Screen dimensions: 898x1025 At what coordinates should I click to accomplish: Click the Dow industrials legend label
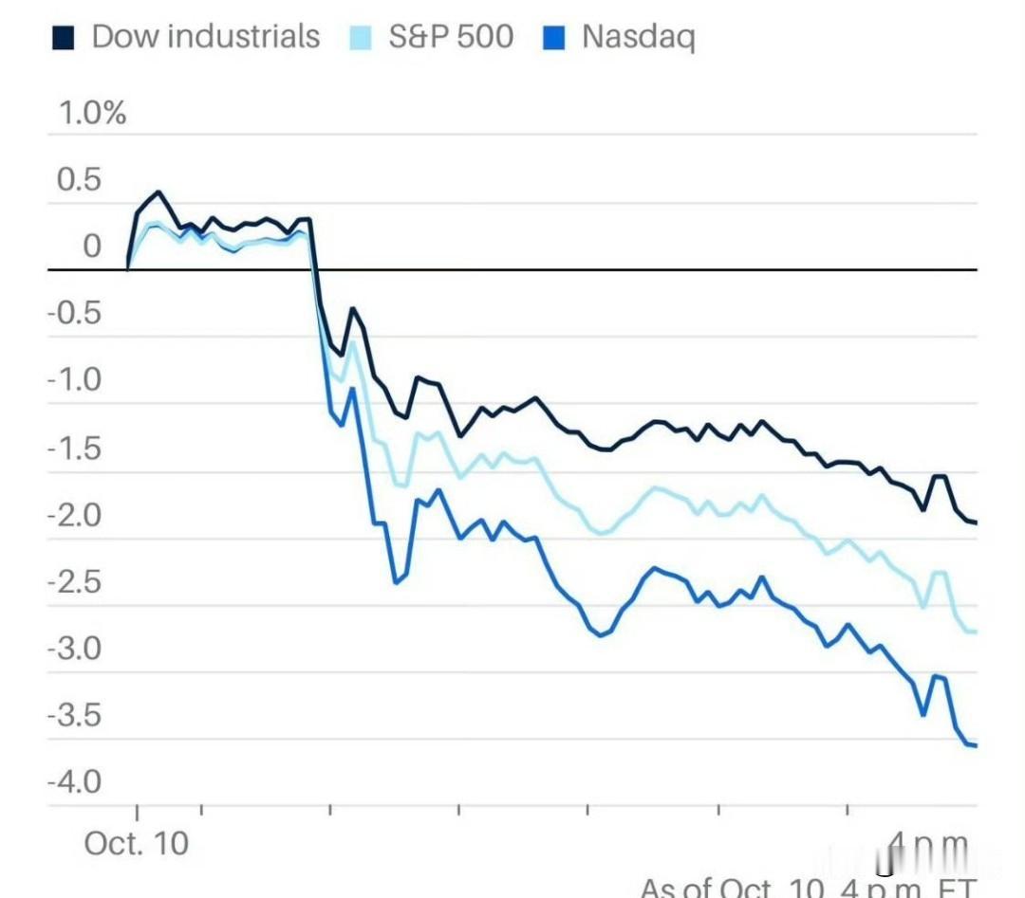205,37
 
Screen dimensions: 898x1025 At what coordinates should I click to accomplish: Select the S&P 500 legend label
451,37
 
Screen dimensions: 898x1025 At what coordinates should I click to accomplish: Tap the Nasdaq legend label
638,37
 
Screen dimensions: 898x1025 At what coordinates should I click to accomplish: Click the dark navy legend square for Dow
64,38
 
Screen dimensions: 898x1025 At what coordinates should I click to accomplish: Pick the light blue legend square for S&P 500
363,38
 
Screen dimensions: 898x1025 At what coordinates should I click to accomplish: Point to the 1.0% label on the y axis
92,114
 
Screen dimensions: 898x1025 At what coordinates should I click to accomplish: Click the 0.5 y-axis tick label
79,180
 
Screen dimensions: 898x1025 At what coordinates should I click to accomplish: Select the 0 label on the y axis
91,247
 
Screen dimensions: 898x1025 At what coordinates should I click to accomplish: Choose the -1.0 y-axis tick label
74,381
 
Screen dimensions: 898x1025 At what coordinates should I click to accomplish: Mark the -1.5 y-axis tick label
74,449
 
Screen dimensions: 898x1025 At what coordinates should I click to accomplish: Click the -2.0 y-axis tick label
74,516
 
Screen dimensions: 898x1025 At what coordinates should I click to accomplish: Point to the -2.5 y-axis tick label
74,582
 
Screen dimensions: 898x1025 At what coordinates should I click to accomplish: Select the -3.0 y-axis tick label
74,650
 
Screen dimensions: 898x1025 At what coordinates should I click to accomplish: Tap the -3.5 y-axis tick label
74,716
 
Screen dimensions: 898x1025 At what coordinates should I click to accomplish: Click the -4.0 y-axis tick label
74,783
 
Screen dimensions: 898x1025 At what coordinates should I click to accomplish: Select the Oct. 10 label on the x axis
137,843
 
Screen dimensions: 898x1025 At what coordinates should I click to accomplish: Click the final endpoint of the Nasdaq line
976,745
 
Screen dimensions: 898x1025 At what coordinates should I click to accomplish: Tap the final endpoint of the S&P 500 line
976,632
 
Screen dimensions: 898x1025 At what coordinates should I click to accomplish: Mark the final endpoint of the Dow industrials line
976,522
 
